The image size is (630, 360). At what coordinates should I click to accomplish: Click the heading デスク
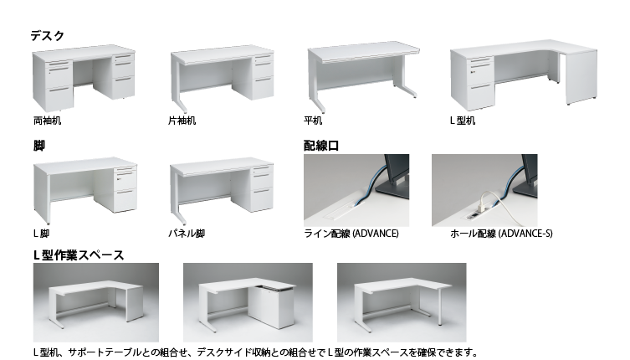coord(47,36)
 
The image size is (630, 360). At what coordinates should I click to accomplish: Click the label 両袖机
coord(48,121)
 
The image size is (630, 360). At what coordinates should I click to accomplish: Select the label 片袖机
coord(182,121)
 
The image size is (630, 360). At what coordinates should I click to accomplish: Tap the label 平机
coord(313,121)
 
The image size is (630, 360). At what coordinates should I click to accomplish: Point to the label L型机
coord(463,121)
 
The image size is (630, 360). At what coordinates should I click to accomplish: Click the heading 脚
coord(39,146)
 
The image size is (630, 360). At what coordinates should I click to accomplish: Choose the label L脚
coord(41,234)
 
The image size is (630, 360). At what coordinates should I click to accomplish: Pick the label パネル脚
coord(187,234)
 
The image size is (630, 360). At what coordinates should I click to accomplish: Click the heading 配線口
coord(321,146)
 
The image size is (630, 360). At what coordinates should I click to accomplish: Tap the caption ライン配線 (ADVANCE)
coord(351,234)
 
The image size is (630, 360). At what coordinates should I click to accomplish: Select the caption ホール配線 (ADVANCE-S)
coord(501,234)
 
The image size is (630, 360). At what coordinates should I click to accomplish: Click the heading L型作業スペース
coord(79,255)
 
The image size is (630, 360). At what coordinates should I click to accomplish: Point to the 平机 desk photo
coord(363,75)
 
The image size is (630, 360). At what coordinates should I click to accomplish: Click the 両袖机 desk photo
coord(84,78)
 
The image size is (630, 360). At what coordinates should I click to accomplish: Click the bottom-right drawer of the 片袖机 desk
coord(264,87)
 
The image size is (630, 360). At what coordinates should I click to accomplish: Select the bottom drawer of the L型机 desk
coord(481,95)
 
